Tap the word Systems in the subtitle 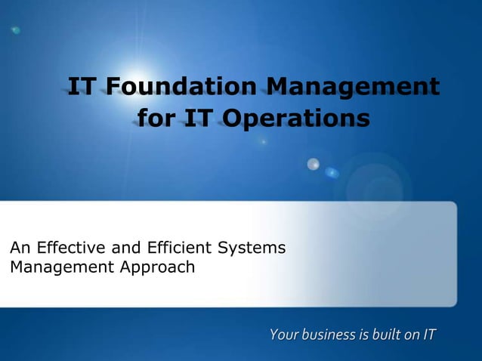[252, 248]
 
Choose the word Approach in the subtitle [158, 267]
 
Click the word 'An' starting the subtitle [19, 248]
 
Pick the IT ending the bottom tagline [428, 333]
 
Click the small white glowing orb [313, 163]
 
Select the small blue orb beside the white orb [332, 173]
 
